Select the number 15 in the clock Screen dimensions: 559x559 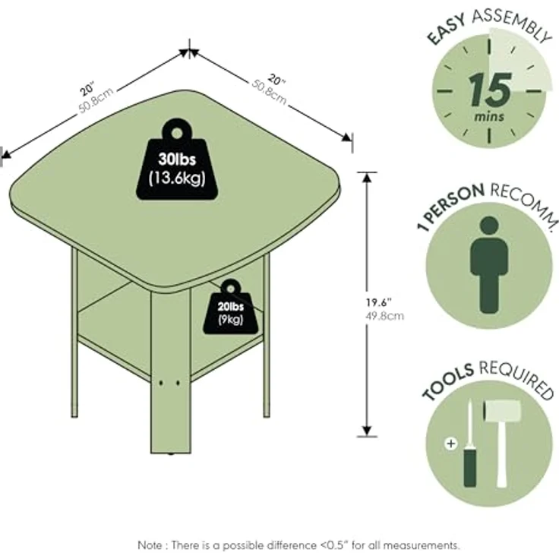490,90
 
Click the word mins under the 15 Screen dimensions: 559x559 489,116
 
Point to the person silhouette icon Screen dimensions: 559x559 489,265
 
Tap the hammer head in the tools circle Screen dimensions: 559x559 501,410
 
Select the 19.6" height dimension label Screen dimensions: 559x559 379,303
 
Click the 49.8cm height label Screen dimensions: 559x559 384,316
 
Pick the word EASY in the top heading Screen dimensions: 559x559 447,30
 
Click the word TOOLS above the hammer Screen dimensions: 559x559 448,381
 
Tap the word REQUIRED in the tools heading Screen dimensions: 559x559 516,378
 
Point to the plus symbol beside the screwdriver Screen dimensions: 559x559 451,444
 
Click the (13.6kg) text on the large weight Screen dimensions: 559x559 177,178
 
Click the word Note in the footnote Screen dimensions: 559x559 150,545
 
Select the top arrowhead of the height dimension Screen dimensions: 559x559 367,176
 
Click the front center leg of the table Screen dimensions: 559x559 171,371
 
